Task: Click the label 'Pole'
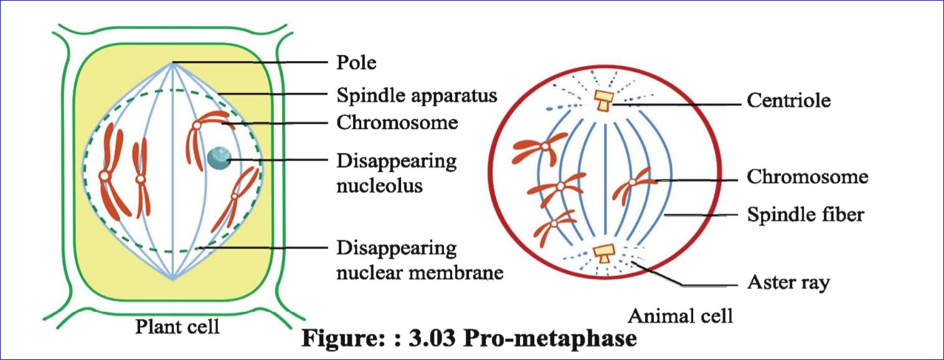356,63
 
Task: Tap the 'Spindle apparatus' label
417,95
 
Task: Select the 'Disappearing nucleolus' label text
397,173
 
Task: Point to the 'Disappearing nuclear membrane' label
419,260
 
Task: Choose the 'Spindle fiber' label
806,215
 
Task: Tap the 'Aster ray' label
788,283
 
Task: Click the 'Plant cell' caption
177,326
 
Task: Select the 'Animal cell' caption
680,315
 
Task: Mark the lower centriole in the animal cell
603,252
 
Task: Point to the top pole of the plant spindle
173,62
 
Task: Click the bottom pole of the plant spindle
173,278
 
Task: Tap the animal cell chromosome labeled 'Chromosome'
633,184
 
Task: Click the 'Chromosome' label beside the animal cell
807,177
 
